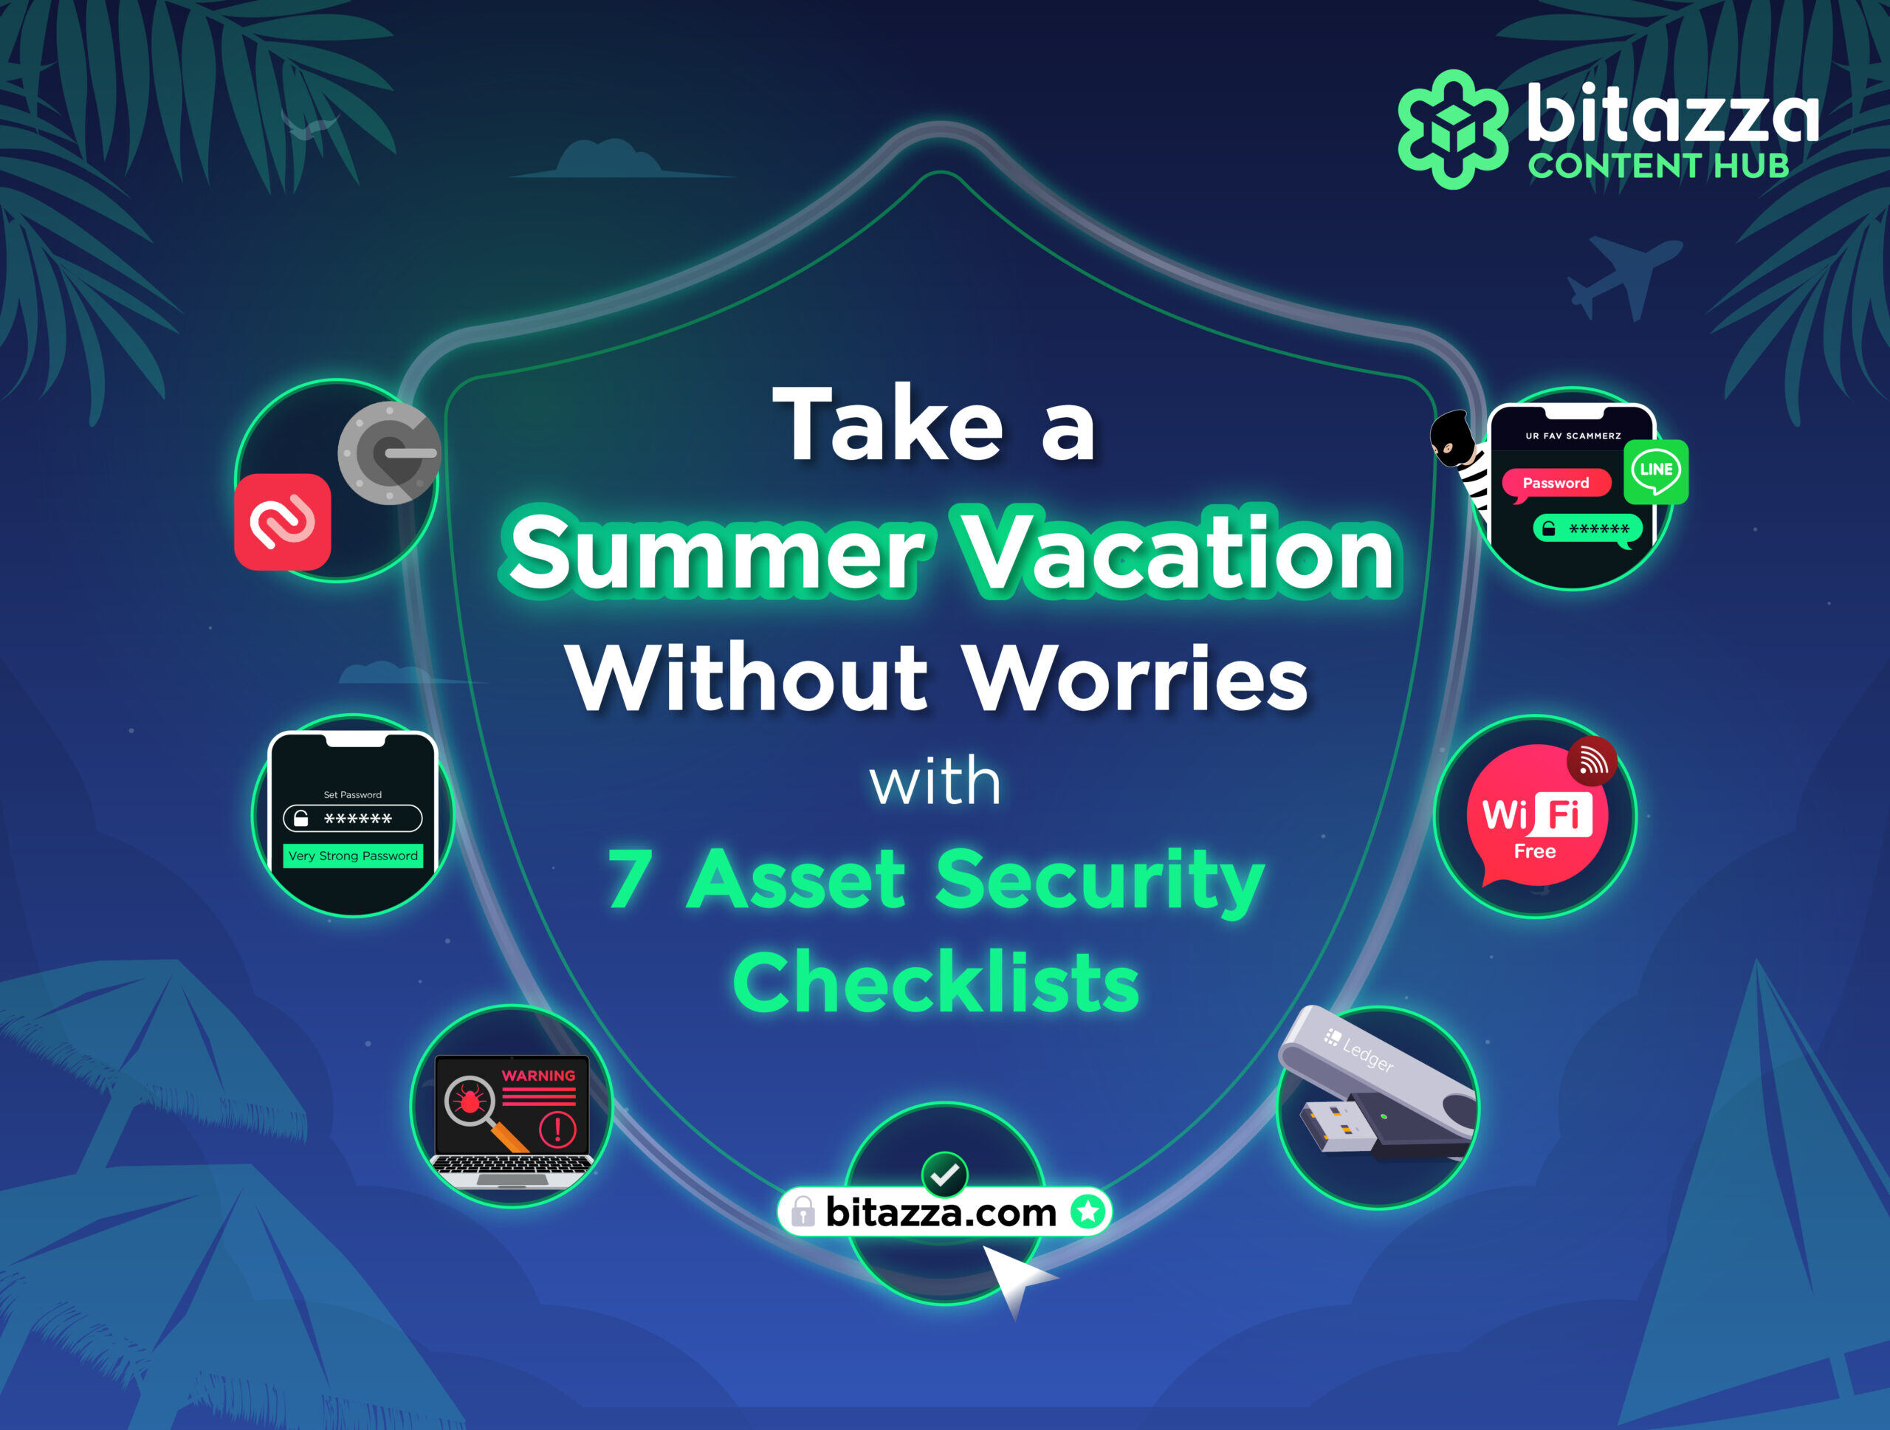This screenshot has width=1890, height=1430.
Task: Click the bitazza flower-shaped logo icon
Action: coord(1452,129)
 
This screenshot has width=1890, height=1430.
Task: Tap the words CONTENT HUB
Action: coord(1658,165)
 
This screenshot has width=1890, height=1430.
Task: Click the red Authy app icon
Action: coord(283,522)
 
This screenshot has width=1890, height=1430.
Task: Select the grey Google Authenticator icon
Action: coord(390,453)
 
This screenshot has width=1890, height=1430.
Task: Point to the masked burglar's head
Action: coord(1450,439)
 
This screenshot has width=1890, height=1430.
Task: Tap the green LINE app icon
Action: coord(1656,472)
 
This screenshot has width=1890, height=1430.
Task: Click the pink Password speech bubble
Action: coord(1556,484)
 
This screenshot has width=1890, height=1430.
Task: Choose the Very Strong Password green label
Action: coord(353,856)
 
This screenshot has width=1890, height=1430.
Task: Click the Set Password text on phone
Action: coord(353,794)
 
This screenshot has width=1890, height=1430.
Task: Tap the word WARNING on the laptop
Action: coord(538,1076)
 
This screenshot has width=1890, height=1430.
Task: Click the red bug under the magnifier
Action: coord(468,1100)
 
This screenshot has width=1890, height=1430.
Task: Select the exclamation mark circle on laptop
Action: coord(558,1130)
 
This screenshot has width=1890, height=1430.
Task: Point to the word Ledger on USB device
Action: coord(1368,1054)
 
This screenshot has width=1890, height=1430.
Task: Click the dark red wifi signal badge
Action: coord(1592,760)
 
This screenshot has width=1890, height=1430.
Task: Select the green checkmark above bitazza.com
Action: coord(945,1175)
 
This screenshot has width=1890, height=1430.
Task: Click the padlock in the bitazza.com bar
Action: coord(803,1211)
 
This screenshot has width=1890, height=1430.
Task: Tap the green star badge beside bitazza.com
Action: coord(1087,1211)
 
